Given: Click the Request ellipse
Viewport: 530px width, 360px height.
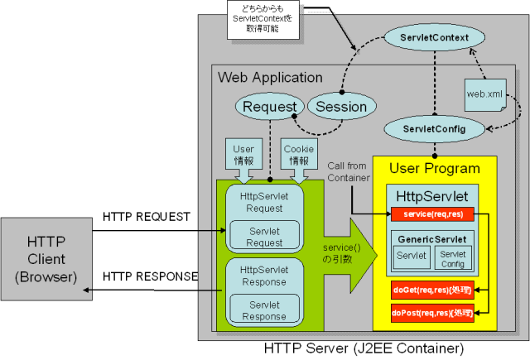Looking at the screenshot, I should [x=269, y=107].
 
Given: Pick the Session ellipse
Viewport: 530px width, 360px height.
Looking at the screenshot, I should [x=341, y=107].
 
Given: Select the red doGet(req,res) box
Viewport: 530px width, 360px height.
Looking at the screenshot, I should [x=432, y=290].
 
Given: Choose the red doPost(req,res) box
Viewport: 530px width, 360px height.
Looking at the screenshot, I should [x=432, y=314].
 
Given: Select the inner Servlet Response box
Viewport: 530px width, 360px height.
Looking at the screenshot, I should [x=264, y=311].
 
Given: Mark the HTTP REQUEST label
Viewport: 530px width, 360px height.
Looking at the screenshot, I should [x=147, y=217].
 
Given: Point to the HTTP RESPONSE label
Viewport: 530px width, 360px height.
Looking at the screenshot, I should [x=150, y=276].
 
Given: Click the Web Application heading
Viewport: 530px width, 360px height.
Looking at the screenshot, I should [x=270, y=78].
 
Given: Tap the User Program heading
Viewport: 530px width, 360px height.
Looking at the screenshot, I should [x=435, y=169].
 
